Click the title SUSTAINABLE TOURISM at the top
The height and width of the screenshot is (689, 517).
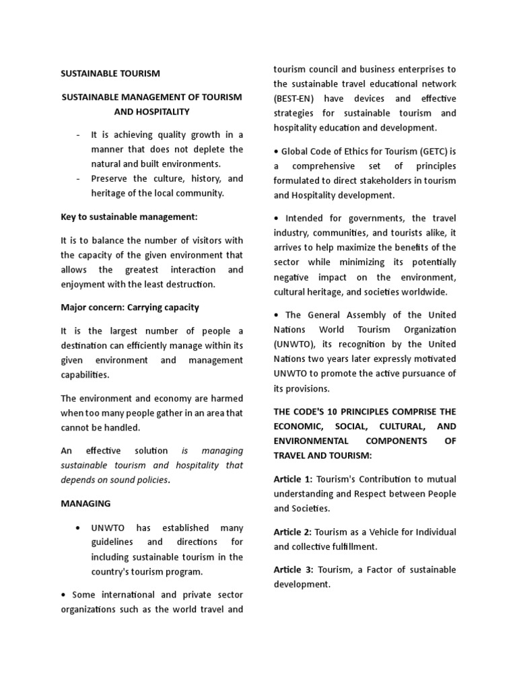click(110, 73)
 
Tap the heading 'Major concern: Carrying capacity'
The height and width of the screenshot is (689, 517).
click(130, 307)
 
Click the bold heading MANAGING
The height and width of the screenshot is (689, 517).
click(85, 503)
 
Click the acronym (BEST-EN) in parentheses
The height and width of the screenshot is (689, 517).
click(297, 98)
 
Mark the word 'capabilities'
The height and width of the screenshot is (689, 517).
click(85, 375)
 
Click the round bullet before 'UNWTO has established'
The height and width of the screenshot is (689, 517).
click(79, 528)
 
